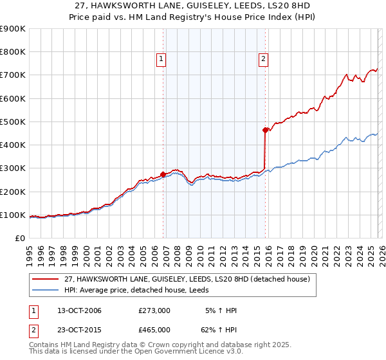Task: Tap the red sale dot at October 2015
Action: point(265,130)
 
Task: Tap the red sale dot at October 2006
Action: point(163,174)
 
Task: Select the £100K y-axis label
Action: point(13,215)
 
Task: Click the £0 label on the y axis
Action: point(19,238)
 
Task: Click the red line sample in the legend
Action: point(46,279)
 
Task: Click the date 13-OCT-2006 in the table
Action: point(79,310)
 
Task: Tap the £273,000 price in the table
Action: point(154,310)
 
